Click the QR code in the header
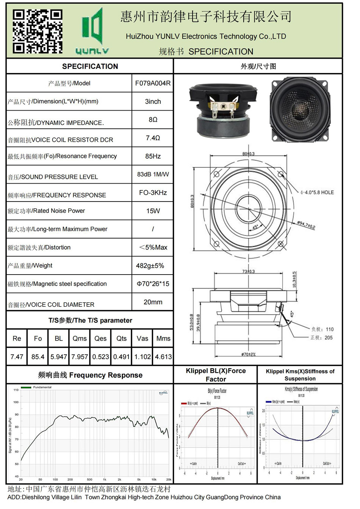37,31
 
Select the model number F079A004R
153,83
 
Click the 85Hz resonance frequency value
153,156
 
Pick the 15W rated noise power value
153,211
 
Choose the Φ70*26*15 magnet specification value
153,284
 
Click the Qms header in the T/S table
80,339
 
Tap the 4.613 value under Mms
163,357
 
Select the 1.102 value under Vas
142,357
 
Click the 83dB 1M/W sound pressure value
153,174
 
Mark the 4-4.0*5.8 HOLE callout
317,192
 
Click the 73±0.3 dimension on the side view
248,272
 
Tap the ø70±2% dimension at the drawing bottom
248,354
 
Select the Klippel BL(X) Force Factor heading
216,375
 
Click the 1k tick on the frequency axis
105,479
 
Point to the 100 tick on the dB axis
16,402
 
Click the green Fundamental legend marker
26,387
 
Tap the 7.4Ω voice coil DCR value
153,138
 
